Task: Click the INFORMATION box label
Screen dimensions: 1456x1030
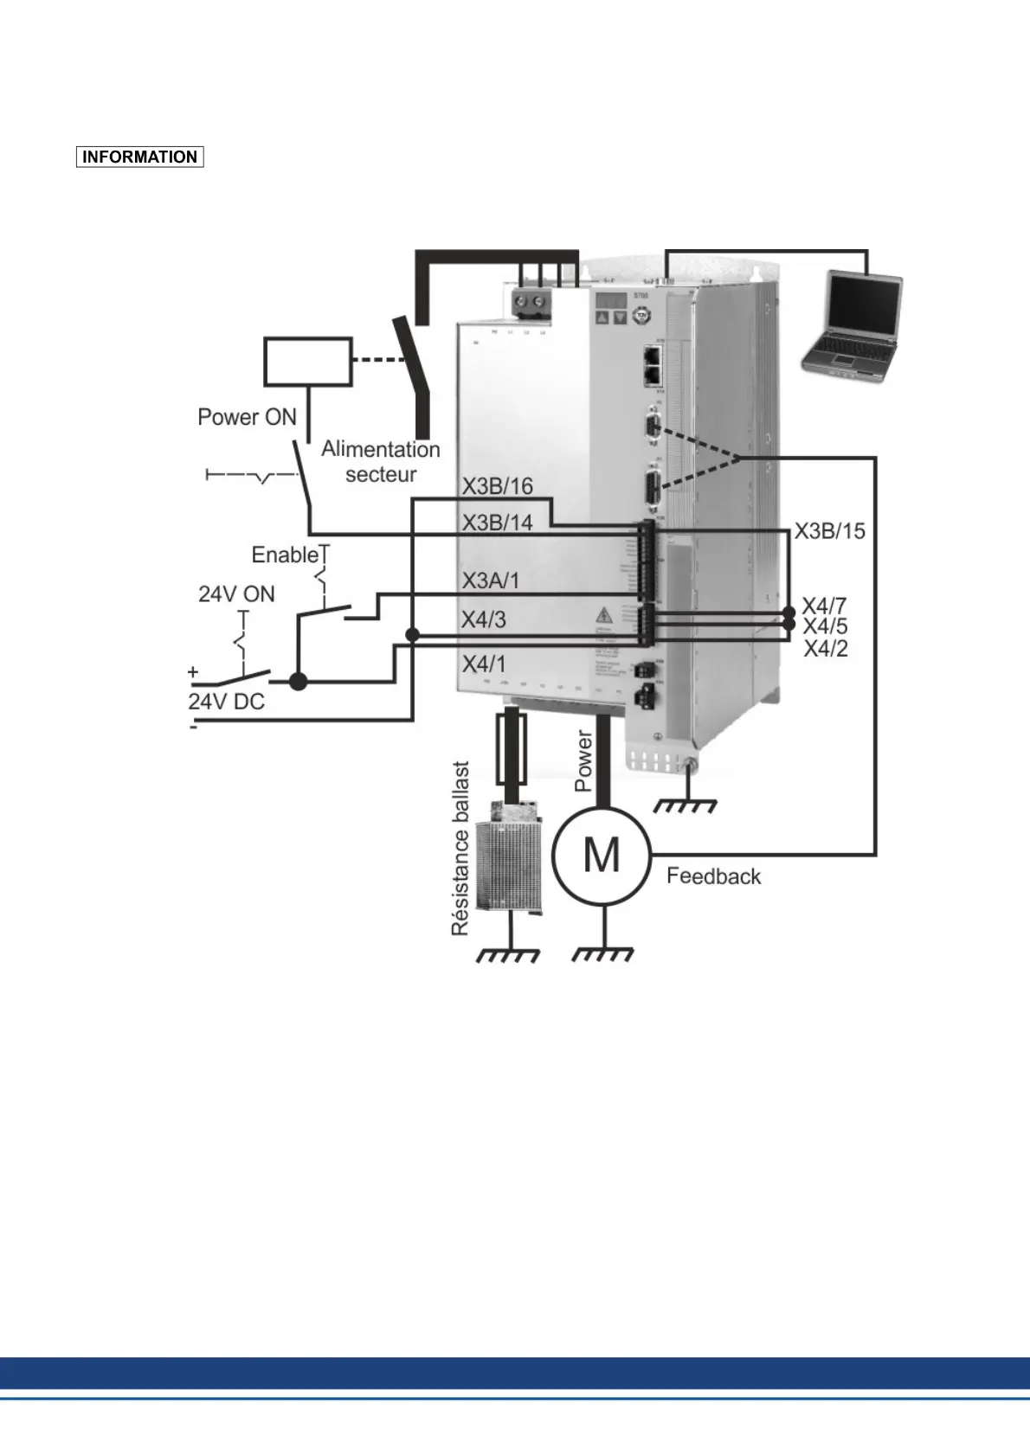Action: [x=139, y=157]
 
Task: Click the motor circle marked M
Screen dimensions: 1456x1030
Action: [x=602, y=856]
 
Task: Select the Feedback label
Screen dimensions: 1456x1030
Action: [x=713, y=876]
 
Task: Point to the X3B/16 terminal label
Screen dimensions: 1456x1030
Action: [x=497, y=486]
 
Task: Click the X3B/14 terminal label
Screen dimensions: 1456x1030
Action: [x=497, y=523]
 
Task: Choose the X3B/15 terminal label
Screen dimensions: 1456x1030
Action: [x=829, y=531]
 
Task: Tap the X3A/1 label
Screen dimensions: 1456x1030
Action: [x=490, y=580]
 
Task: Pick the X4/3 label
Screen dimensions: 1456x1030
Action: [x=483, y=619]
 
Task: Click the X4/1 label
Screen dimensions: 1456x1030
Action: [x=483, y=664]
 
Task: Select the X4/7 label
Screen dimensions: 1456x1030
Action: [x=824, y=606]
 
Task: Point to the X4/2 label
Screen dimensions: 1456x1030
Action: [x=826, y=649]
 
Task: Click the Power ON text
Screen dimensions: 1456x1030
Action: [x=247, y=417]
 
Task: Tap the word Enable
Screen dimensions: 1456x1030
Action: [x=285, y=555]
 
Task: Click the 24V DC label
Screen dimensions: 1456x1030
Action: [x=227, y=702]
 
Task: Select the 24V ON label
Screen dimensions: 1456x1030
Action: [x=236, y=594]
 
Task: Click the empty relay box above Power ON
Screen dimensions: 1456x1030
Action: [x=307, y=362]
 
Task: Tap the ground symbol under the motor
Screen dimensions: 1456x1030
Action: [x=603, y=954]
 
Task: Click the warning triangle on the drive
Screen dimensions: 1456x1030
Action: [x=603, y=615]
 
